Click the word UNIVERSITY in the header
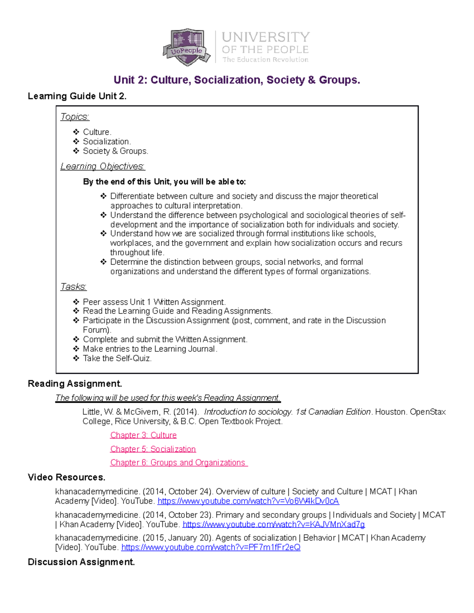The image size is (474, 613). pyautogui.click(x=265, y=37)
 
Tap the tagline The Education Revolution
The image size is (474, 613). pyautogui.click(x=265, y=60)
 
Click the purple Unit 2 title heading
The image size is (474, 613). pyautogui.click(x=237, y=80)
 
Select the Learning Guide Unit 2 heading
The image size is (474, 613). pyautogui.click(x=77, y=96)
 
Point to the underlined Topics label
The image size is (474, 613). pyautogui.click(x=75, y=117)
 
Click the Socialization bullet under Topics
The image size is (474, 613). pyautogui.click(x=106, y=141)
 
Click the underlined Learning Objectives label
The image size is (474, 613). pyautogui.click(x=103, y=167)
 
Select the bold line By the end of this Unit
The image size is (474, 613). pyautogui.click(x=164, y=182)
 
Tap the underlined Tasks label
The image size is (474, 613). pyautogui.click(x=73, y=287)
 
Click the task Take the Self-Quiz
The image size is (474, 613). pyautogui.click(x=117, y=358)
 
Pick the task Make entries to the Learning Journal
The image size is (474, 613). pyautogui.click(x=150, y=349)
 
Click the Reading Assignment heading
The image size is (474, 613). pyautogui.click(x=75, y=384)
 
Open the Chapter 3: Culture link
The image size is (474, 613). pyautogui.click(x=143, y=435)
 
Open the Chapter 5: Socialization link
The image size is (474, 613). pyautogui.click(x=153, y=449)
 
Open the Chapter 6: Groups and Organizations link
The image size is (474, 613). pyautogui.click(x=178, y=463)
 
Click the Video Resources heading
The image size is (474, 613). pyautogui.click(x=66, y=477)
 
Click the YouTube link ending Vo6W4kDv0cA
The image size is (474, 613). pyautogui.click(x=248, y=501)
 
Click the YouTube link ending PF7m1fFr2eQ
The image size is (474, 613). pyautogui.click(x=211, y=547)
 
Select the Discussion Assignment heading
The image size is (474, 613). pyautogui.click(x=81, y=562)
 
